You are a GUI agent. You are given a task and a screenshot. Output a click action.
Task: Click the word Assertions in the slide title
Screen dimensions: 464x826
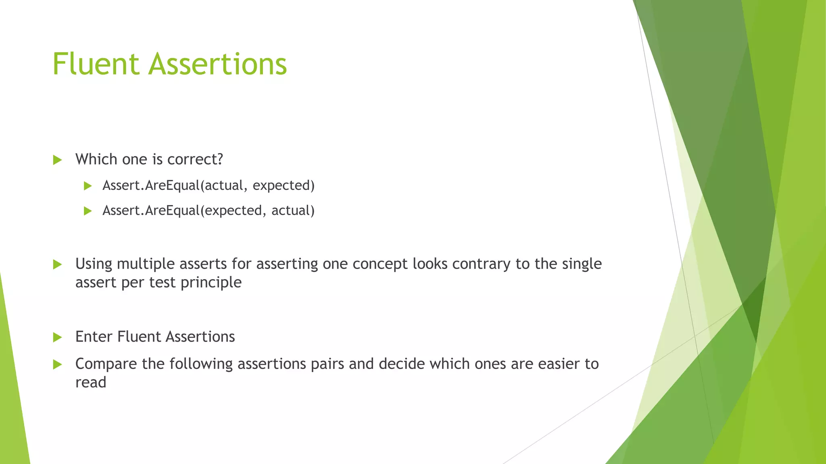[x=217, y=64]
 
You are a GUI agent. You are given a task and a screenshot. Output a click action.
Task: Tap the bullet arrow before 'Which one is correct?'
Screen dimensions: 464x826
[x=57, y=160]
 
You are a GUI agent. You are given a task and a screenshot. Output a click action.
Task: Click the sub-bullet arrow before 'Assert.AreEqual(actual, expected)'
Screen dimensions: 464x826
[x=88, y=186]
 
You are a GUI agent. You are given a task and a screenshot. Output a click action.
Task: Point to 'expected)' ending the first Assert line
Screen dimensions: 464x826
[x=284, y=186]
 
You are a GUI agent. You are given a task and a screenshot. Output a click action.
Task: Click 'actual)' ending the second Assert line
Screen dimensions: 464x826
[x=293, y=211]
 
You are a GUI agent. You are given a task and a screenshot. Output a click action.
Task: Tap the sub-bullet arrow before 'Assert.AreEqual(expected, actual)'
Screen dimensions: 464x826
[x=88, y=211]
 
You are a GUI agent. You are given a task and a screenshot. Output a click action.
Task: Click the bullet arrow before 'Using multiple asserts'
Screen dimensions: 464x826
[x=57, y=265]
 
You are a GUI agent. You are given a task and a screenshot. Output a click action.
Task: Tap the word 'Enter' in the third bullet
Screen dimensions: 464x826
[x=94, y=337]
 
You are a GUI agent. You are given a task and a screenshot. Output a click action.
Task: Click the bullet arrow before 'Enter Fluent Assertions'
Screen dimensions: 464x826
[x=57, y=338]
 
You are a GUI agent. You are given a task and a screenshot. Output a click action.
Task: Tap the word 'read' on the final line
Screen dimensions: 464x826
[x=91, y=383]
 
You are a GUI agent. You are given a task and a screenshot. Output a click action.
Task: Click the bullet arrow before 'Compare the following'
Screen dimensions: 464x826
[x=57, y=365]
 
